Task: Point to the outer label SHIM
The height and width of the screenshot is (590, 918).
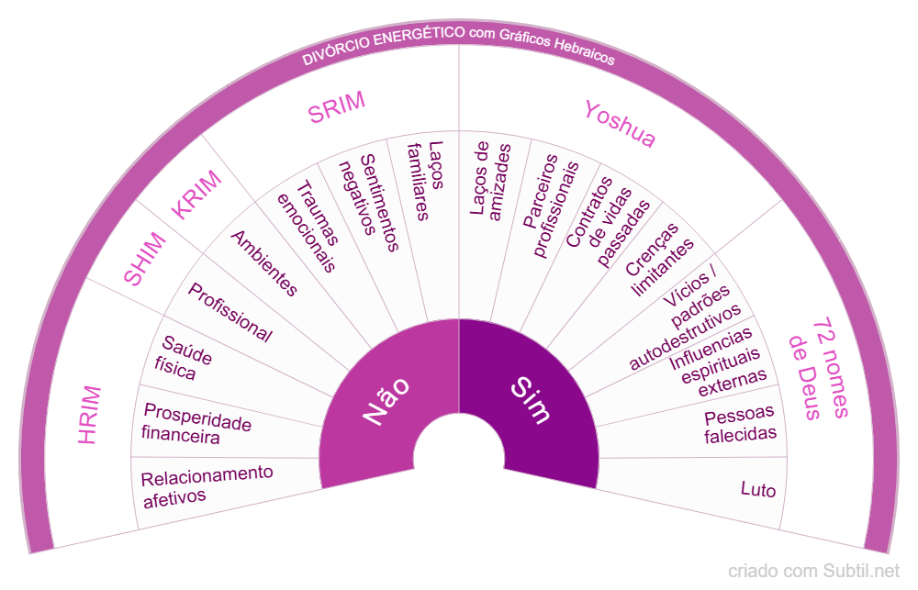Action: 146,260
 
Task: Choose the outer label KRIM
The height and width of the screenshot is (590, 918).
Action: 197,195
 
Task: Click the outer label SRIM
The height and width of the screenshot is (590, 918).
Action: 337,107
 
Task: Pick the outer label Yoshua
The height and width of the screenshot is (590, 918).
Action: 621,124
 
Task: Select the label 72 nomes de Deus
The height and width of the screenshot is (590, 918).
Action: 816,368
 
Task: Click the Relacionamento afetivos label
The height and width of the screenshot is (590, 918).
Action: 207,484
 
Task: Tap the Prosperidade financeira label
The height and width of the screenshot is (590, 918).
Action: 196,424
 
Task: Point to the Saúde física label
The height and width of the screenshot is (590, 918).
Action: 179,357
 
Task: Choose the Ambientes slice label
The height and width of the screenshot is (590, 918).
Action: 264,263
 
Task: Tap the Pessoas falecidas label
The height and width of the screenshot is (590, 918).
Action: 740,423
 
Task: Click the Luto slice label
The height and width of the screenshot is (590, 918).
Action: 758,490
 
